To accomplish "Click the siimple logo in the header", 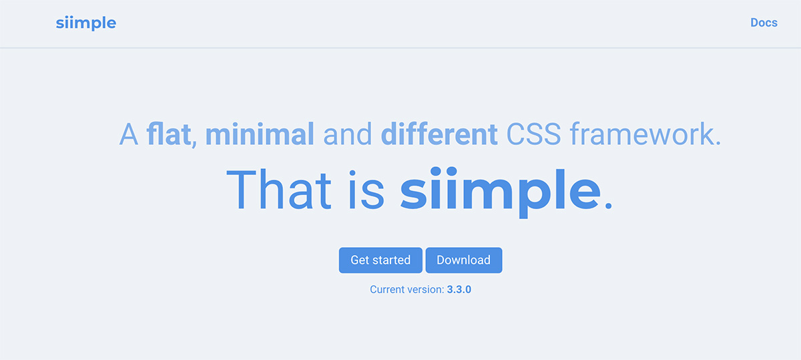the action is [86, 23].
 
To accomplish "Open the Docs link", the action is [764, 23].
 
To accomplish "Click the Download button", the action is [464, 260].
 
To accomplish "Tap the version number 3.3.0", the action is [459, 289].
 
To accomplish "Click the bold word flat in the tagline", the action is [168, 134].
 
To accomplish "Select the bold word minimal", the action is [260, 134].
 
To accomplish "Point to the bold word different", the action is [439, 134].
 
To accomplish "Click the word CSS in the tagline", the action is [533, 134].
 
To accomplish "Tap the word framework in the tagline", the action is [642, 134].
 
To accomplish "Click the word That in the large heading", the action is [279, 189].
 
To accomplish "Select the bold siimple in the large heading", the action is [500, 192].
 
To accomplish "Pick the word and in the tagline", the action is [348, 134].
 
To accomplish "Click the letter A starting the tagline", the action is [129, 134].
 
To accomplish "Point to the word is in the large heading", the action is [366, 190].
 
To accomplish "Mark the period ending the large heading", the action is [608, 205].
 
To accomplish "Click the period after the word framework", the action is [718, 144].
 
